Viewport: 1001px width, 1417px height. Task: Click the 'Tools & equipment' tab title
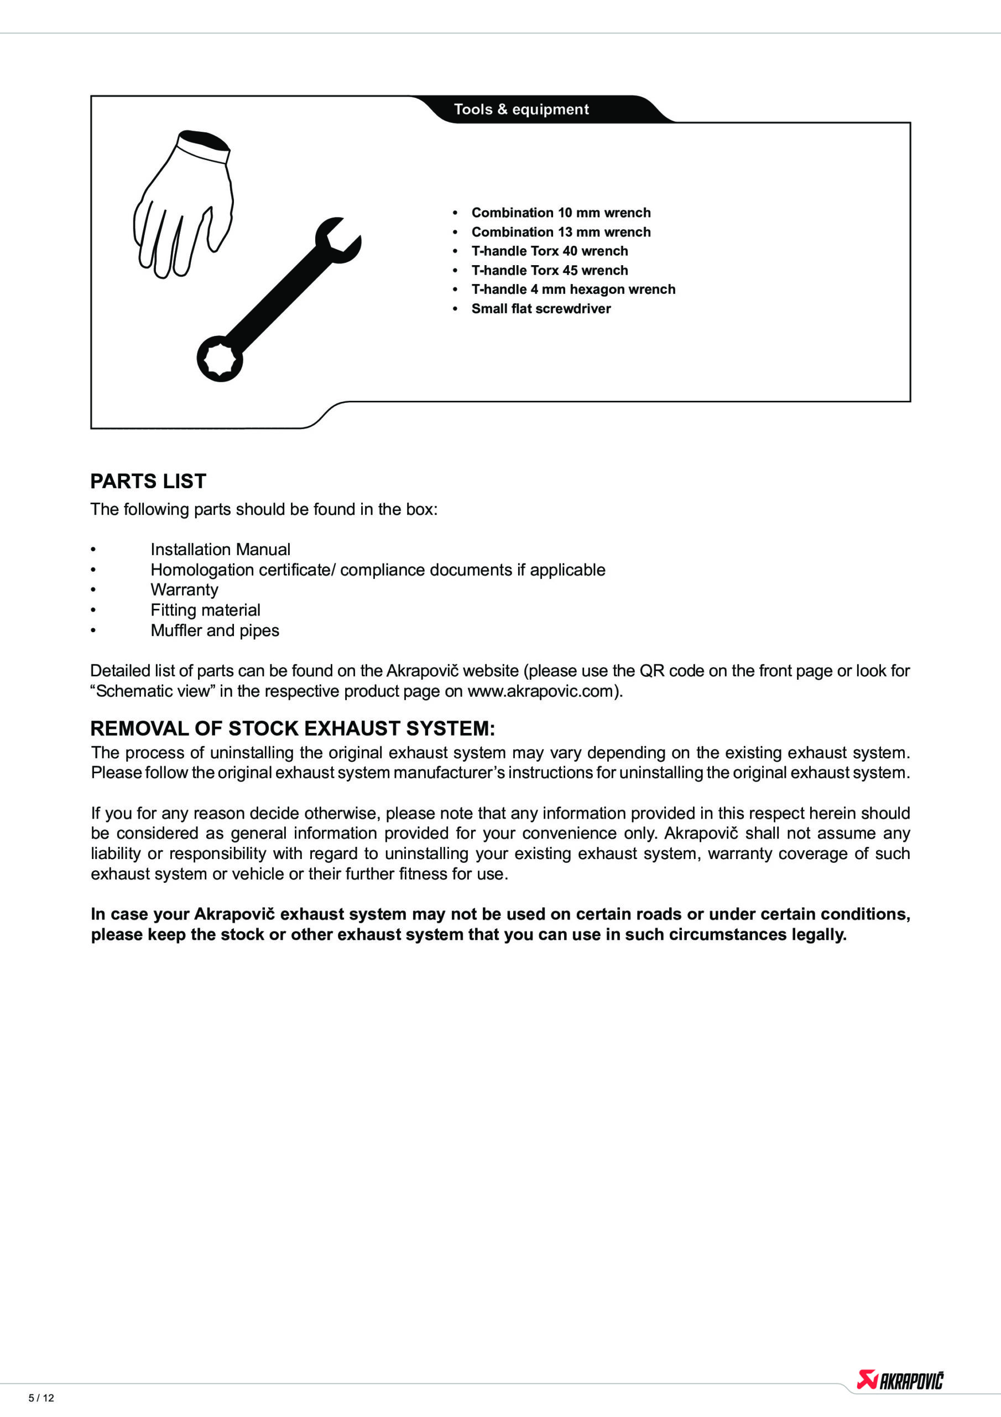point(521,109)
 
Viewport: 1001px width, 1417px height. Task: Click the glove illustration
point(183,204)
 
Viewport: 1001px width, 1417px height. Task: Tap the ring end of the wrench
point(220,359)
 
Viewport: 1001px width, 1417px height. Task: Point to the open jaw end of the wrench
point(338,241)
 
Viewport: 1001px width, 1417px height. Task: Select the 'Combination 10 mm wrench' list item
point(561,213)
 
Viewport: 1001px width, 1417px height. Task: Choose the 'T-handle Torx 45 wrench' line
point(550,270)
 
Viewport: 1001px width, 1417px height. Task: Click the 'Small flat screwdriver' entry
point(541,308)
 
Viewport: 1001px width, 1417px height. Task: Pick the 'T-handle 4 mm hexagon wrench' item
point(573,289)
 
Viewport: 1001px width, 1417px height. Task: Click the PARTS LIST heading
point(148,482)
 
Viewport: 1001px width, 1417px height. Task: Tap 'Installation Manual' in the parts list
point(220,549)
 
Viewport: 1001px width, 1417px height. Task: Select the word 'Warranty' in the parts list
point(184,590)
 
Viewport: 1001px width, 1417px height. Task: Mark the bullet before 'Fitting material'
point(93,611)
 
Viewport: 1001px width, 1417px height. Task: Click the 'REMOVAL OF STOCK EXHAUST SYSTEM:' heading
point(293,729)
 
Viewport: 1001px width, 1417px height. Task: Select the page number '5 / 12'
point(41,1398)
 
